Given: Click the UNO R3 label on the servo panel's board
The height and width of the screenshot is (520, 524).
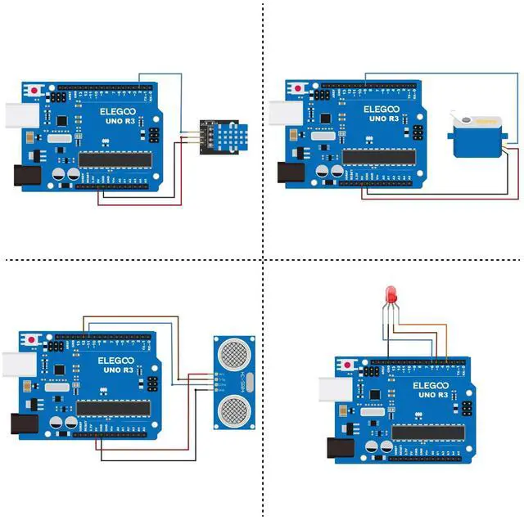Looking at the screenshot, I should [383, 119].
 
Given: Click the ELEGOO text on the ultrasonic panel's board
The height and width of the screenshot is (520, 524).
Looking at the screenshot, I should [115, 360].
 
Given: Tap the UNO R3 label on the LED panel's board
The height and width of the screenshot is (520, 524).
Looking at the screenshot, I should [431, 395].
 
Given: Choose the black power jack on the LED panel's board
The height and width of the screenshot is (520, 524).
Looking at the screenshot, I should [339, 448].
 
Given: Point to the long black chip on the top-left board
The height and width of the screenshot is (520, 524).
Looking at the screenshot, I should [114, 158].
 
